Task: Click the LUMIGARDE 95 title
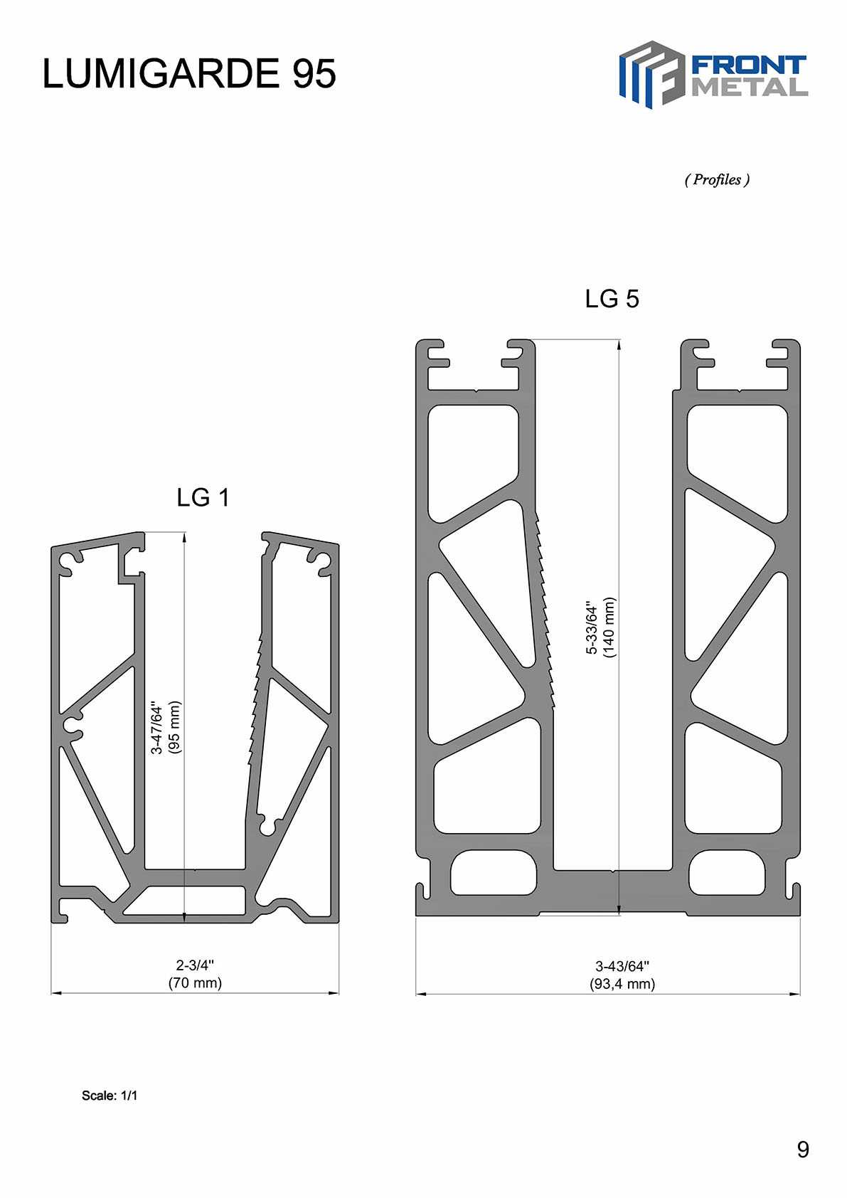188,73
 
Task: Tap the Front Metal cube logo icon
652,75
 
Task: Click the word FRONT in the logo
749,65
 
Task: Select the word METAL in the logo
749,88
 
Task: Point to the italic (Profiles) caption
717,179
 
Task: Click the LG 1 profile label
203,497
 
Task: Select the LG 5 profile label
612,298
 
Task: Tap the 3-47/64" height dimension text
156,727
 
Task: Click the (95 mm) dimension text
174,727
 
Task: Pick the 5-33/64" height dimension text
591,627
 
